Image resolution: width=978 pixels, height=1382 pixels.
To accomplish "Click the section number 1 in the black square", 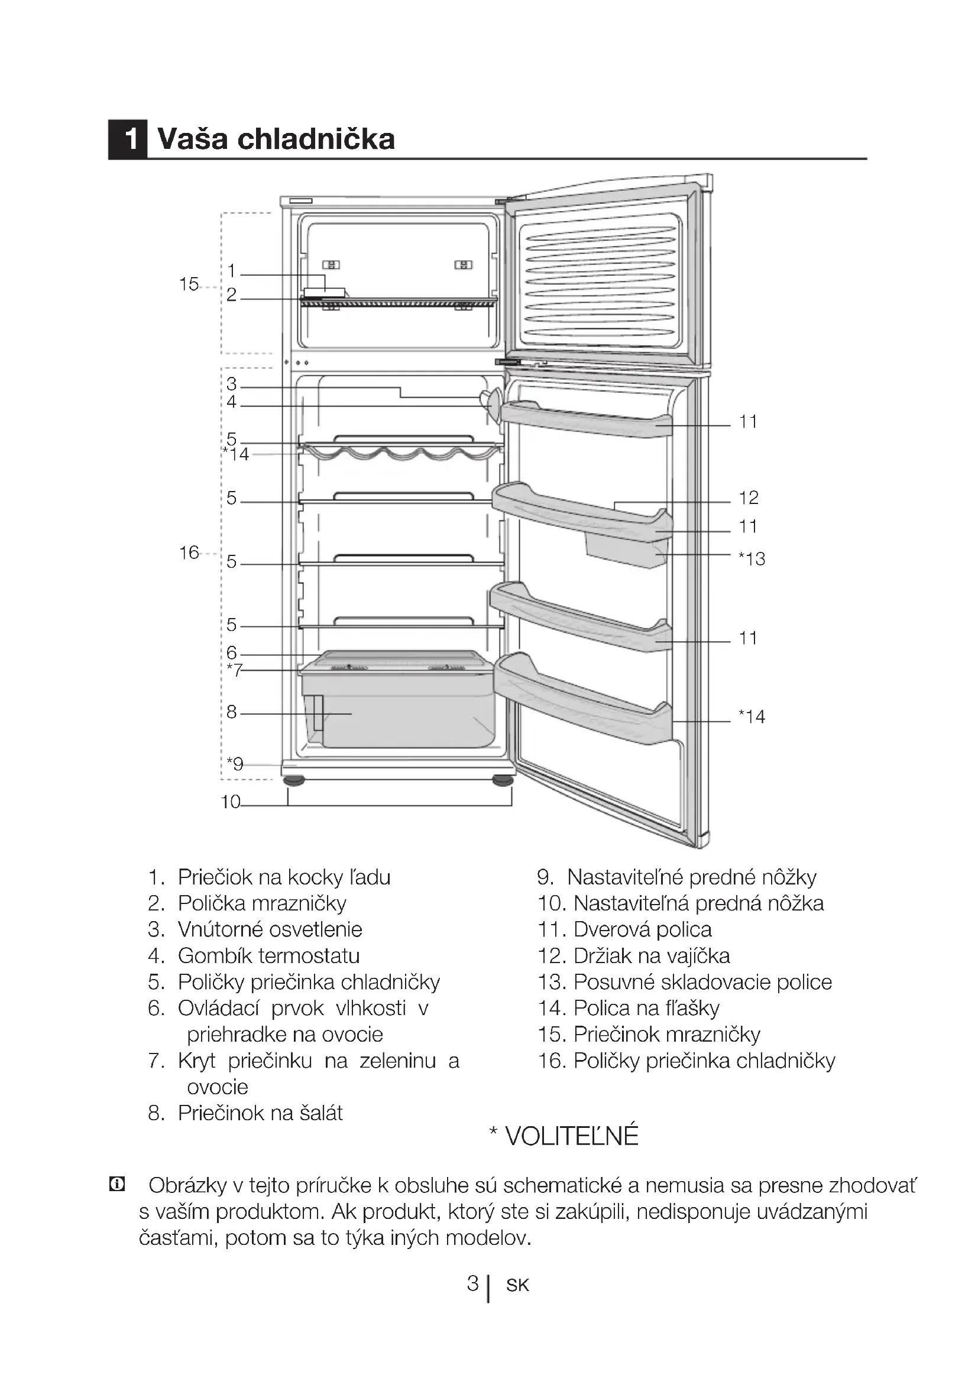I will pyautogui.click(x=128, y=139).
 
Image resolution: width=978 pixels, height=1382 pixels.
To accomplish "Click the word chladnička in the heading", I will pyautogui.click(x=316, y=139).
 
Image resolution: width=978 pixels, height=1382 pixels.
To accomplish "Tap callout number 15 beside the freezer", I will pyautogui.click(x=189, y=284).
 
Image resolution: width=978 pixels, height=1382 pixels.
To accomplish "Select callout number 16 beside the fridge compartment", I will pyautogui.click(x=189, y=552).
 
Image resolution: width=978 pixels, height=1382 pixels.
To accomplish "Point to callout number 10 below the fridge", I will pyautogui.click(x=231, y=802).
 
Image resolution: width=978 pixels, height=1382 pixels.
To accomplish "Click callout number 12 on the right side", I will pyautogui.click(x=749, y=497).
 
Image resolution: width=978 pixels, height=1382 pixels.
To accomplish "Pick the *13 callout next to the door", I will pyautogui.click(x=752, y=558).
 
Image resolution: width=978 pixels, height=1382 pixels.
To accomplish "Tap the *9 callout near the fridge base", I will pyautogui.click(x=235, y=764).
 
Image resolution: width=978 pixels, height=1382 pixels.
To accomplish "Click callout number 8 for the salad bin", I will pyautogui.click(x=232, y=712).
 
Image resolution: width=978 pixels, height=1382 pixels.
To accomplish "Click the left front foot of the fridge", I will pyautogui.click(x=294, y=781).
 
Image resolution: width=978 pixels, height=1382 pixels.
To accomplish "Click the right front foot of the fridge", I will pyautogui.click(x=502, y=781).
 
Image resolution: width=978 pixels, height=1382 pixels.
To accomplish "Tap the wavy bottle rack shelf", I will pyautogui.click(x=400, y=451).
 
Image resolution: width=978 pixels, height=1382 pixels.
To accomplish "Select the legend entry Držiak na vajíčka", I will pyautogui.click(x=652, y=956).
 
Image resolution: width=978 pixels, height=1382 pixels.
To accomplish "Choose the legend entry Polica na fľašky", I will pyautogui.click(x=646, y=1008).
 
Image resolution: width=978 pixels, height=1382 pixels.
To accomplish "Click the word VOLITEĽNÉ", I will pyautogui.click(x=572, y=1136).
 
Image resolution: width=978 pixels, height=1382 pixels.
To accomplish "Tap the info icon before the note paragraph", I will pyautogui.click(x=116, y=1185).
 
